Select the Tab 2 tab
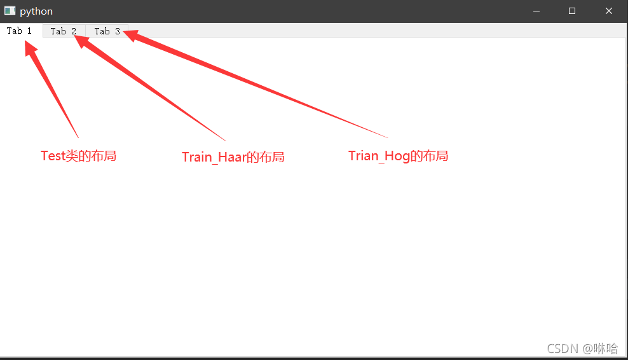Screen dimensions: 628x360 [64, 31]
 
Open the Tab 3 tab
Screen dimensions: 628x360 [107, 31]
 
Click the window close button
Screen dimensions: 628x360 [609, 11]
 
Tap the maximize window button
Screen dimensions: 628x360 [572, 11]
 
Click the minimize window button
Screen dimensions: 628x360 [536, 11]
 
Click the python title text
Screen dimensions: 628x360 [36, 11]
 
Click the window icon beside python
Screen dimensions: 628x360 [10, 11]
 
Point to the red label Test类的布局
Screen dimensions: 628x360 [79, 156]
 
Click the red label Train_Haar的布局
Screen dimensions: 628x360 [233, 156]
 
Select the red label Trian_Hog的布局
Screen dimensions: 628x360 [398, 156]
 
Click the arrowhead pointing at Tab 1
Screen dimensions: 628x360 [30, 48]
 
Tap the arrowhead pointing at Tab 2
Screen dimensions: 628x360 [81, 41]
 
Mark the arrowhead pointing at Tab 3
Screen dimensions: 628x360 [131, 35]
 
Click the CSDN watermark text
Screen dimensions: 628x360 [582, 349]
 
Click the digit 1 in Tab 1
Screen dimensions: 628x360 [29, 31]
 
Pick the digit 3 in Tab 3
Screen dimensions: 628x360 [118, 31]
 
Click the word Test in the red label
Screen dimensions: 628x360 [53, 156]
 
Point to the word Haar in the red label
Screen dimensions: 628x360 [232, 156]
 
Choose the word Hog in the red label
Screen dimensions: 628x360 [397, 156]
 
